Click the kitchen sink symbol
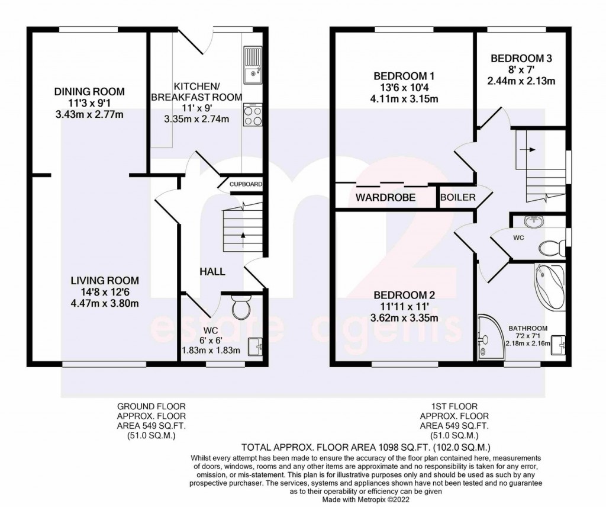(253, 65)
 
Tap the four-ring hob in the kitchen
(253, 114)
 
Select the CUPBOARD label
(246, 184)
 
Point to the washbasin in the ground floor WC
(254, 346)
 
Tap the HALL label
(212, 271)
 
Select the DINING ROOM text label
(89, 92)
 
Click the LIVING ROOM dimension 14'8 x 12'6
(105, 292)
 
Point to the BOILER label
(458, 197)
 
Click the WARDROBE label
(385, 198)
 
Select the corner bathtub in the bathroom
(549, 285)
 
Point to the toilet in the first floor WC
(552, 248)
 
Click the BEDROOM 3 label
(521, 59)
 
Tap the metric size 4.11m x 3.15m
(404, 98)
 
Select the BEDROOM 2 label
(404, 296)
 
